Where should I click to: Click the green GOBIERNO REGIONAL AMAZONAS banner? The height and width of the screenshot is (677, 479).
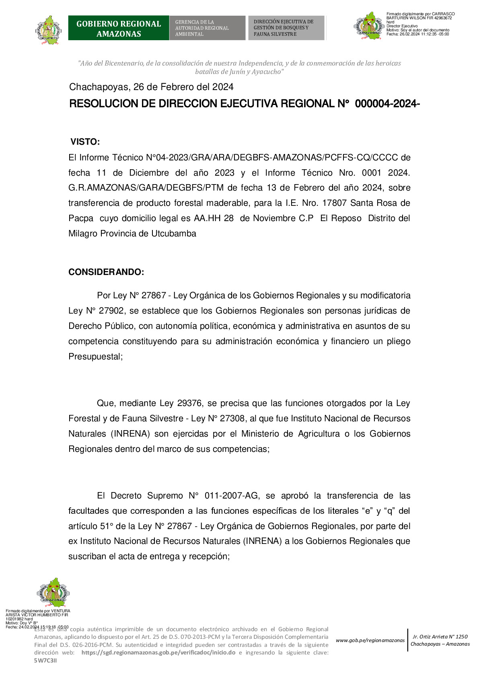[x=118, y=28]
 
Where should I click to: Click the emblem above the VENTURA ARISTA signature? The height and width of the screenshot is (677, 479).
[x=53, y=593]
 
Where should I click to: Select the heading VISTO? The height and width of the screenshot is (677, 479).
[x=85, y=142]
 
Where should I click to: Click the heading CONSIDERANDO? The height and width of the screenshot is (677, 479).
[x=106, y=272]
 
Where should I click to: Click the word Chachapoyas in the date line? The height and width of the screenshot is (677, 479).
[x=99, y=87]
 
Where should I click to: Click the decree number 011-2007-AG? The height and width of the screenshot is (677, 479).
[x=232, y=496]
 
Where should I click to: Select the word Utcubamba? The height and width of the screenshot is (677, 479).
[x=174, y=234]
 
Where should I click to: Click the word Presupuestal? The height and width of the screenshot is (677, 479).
[x=95, y=357]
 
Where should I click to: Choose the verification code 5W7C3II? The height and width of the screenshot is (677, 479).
[x=45, y=661]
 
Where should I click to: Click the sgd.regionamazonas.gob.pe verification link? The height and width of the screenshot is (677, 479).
[x=158, y=652]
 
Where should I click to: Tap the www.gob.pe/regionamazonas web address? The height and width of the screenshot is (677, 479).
[x=370, y=640]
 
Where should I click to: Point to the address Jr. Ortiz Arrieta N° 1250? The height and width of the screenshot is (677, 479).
[x=440, y=636]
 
